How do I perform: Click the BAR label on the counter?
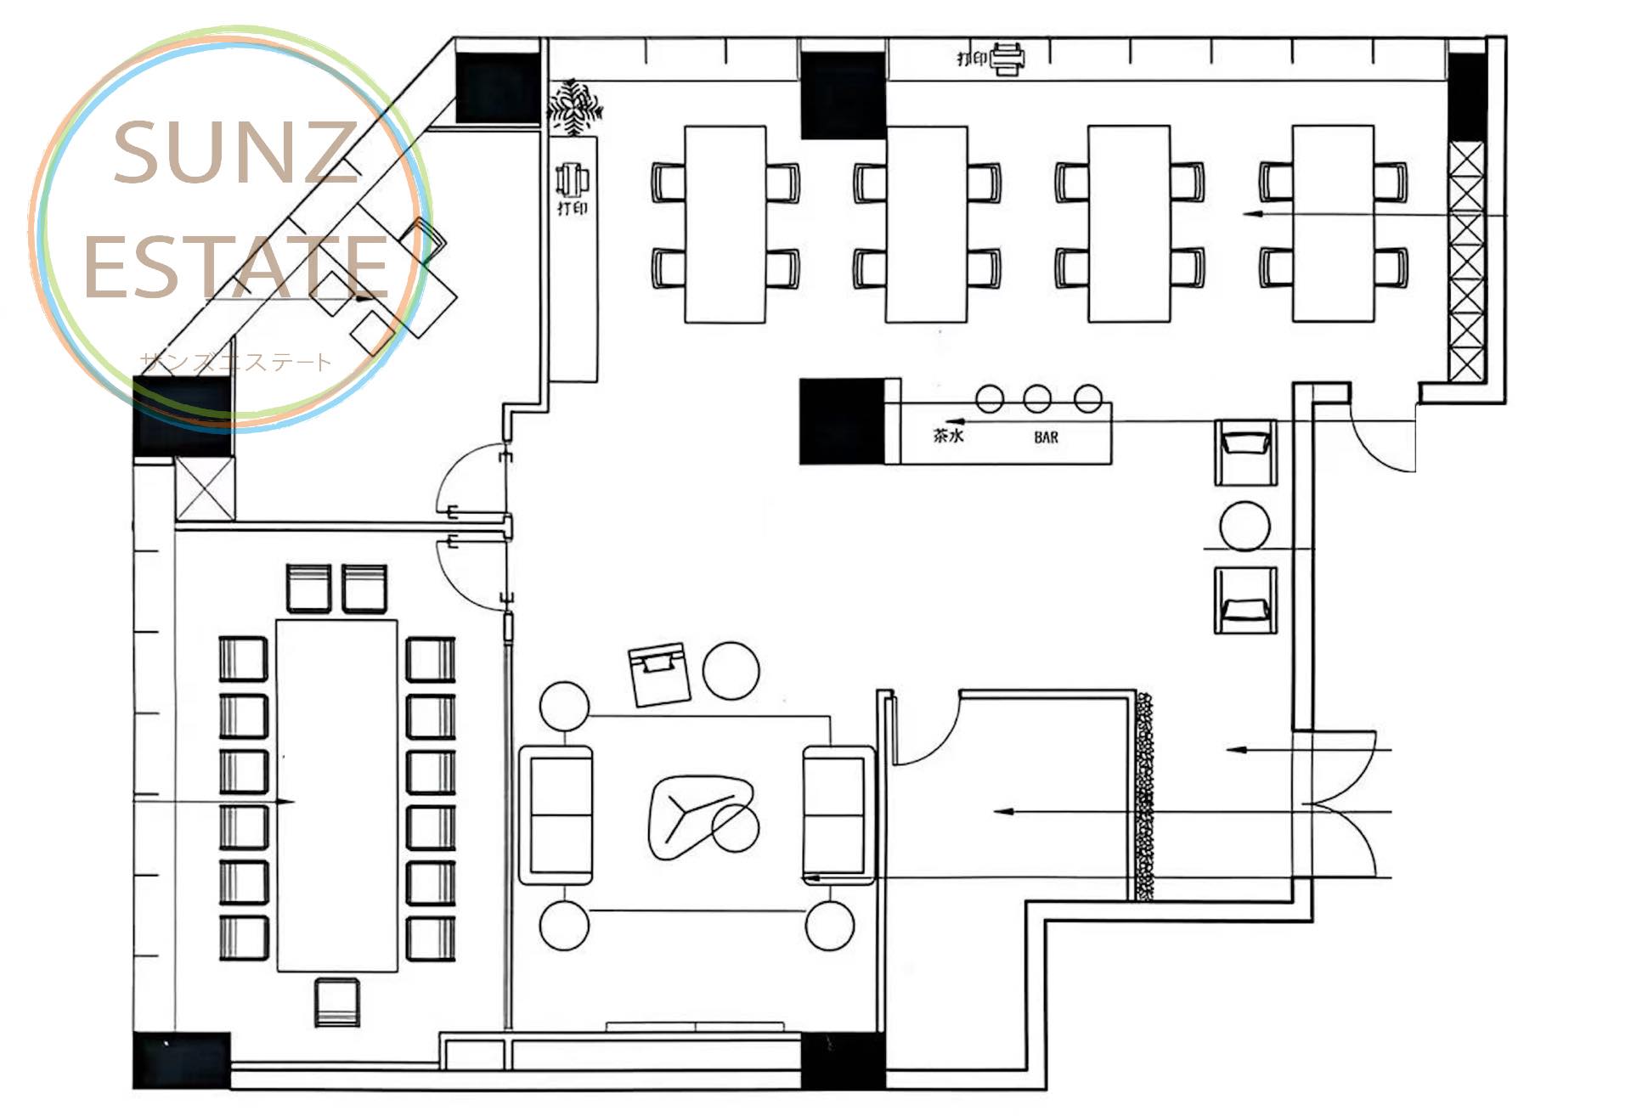[1046, 437]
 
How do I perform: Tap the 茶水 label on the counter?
[948, 436]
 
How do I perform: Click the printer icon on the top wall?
[1007, 59]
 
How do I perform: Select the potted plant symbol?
[575, 107]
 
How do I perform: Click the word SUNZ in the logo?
[235, 153]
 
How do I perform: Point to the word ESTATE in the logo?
[236, 268]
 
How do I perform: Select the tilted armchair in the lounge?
[659, 674]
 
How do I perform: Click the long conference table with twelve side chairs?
[337, 795]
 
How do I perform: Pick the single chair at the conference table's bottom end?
[337, 1002]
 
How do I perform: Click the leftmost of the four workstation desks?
[725, 224]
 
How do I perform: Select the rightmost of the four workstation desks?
[1333, 224]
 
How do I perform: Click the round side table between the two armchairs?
[1244, 527]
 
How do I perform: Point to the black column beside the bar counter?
[842, 421]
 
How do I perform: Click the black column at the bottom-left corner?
[182, 1061]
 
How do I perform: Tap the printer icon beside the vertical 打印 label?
[573, 179]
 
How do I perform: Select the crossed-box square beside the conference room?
[205, 488]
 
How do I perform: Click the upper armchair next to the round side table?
[1245, 453]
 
